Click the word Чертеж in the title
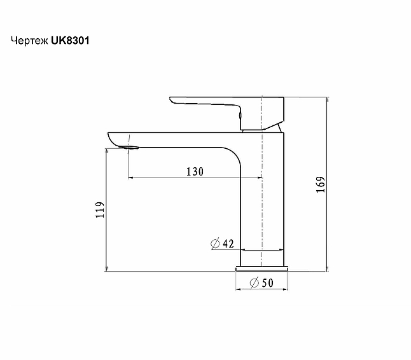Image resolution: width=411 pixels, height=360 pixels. (30, 40)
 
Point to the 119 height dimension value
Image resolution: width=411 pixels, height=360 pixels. (99, 211)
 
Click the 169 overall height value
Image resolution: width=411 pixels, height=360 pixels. (321, 184)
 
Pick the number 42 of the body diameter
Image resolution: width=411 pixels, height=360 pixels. (229, 244)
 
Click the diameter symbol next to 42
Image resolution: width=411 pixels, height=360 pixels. (214, 244)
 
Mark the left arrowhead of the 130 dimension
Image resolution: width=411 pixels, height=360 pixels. (132, 178)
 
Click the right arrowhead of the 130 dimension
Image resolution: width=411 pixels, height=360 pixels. (259, 178)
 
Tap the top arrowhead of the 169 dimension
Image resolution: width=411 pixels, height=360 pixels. (327, 100)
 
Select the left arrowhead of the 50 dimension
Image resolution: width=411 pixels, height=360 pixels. (239, 290)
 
